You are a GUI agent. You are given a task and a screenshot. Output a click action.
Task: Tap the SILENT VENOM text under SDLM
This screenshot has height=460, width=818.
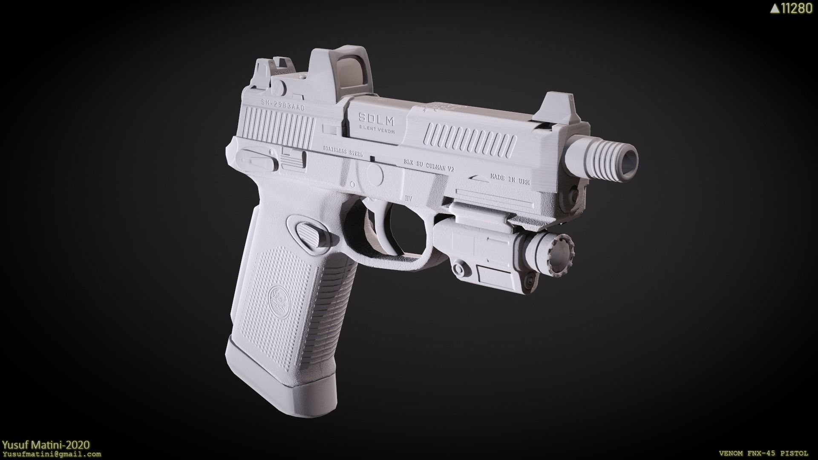coord(377,129)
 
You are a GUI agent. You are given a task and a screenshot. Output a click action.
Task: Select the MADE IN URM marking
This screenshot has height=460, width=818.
coord(510,178)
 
